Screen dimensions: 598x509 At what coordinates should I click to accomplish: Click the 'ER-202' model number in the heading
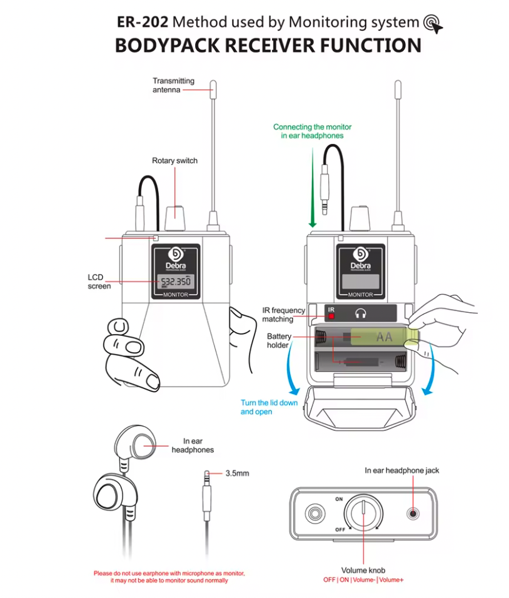pos(142,23)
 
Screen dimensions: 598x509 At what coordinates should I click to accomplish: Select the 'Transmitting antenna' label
pos(173,86)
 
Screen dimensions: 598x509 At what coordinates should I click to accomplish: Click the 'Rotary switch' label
pos(174,161)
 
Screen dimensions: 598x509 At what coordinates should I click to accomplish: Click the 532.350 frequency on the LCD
pos(175,281)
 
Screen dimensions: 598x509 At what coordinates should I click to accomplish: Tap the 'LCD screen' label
pos(99,281)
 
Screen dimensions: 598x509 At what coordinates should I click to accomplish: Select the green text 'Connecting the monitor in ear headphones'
pos(308,131)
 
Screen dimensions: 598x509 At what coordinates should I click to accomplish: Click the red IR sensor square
pos(331,316)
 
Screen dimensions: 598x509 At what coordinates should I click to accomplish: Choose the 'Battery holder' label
pos(279,340)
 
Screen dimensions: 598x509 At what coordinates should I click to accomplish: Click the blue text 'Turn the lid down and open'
pos(269,407)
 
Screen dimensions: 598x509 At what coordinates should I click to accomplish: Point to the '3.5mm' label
pos(237,473)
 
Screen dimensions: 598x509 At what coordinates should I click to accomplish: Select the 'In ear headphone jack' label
pos(406,470)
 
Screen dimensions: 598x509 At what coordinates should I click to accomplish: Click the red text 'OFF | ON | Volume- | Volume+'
pos(363,580)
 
